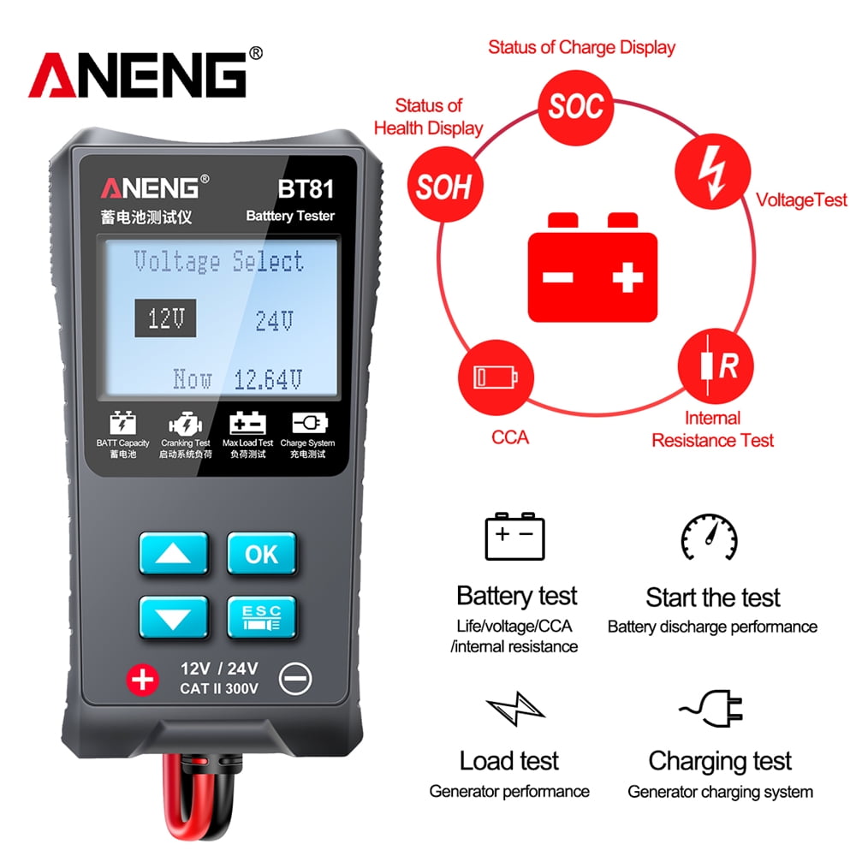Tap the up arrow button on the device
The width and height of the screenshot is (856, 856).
174,554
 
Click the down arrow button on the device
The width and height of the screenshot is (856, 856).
174,615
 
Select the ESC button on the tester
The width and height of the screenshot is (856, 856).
261,615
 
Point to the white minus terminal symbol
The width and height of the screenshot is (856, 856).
295,680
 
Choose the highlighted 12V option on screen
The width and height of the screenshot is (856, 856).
165,319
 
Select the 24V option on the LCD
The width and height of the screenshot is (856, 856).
275,321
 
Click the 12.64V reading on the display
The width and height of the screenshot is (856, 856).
269,378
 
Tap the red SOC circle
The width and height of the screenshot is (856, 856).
576,106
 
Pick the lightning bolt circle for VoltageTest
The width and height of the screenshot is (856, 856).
712,172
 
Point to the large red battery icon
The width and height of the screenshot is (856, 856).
592,266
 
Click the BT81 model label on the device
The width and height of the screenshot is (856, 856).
305,187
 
